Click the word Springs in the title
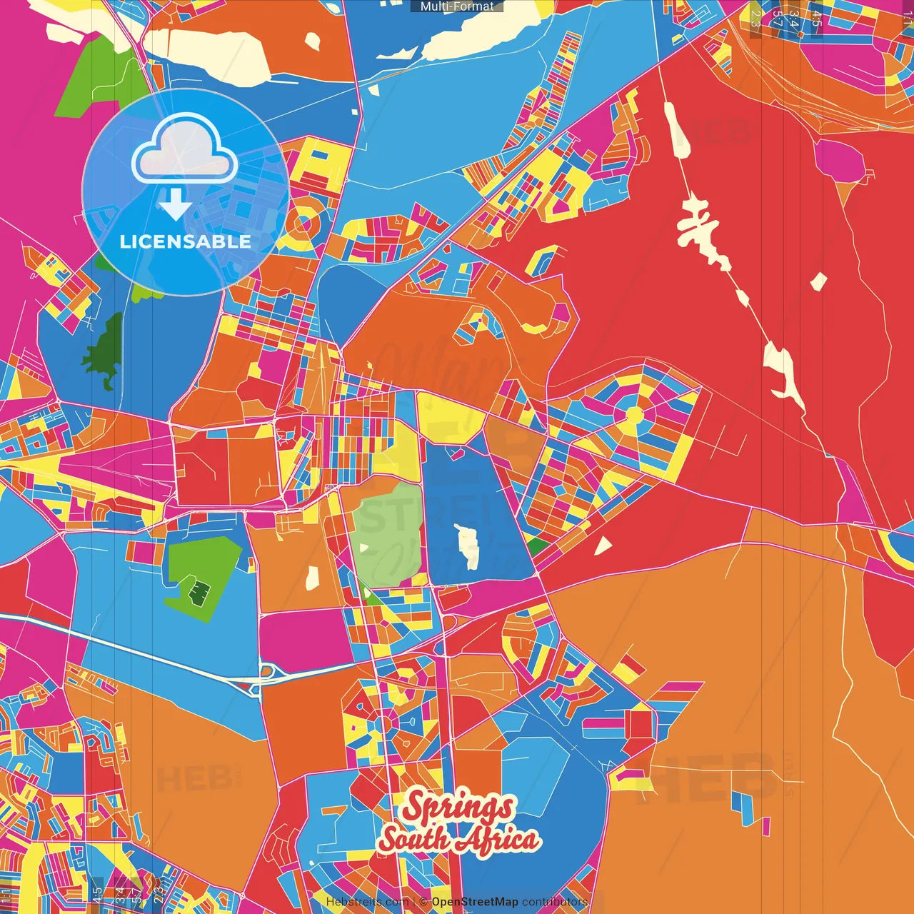coord(458,808)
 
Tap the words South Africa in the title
coord(458,839)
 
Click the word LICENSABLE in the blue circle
coord(185,241)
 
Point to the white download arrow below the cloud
coord(175,205)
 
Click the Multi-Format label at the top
coord(457,6)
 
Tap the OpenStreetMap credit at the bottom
coord(475,902)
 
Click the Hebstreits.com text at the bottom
coord(367,902)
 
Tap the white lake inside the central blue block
coord(466,546)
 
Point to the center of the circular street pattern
coord(634,416)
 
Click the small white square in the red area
coord(818,281)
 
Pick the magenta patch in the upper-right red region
coord(843,161)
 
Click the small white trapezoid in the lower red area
coord(603,546)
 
